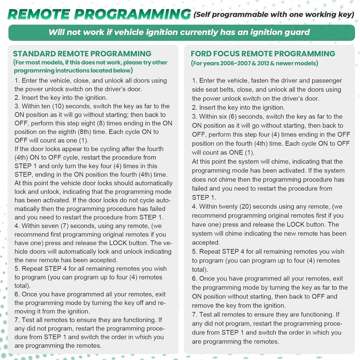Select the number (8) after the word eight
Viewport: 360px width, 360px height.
coord(101,123)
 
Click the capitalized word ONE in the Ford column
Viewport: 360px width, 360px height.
coord(236,153)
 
